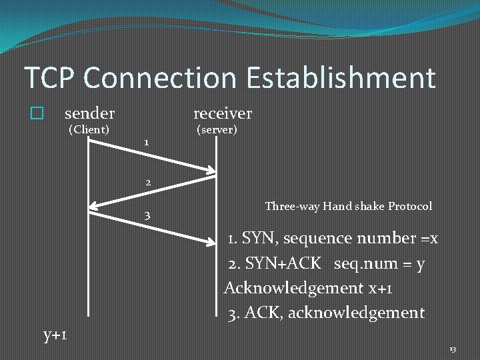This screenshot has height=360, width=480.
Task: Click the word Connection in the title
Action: pyautogui.click(x=161, y=78)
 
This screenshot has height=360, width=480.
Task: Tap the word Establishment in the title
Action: pyautogui.click(x=341, y=78)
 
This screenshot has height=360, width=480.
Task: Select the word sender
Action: pyautogui.click(x=89, y=113)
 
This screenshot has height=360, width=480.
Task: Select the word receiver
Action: pyautogui.click(x=223, y=113)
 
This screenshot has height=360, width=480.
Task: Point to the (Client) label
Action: pyautogui.click(x=89, y=129)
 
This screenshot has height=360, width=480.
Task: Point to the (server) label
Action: pyautogui.click(x=217, y=129)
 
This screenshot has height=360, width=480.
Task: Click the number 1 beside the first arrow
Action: pyautogui.click(x=147, y=143)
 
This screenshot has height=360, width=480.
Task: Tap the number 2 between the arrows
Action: pyautogui.click(x=148, y=182)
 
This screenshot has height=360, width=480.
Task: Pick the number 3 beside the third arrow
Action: pyautogui.click(x=147, y=215)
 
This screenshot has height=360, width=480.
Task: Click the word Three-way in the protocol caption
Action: pyautogui.click(x=292, y=207)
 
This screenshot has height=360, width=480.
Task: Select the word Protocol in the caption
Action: pyautogui.click(x=407, y=207)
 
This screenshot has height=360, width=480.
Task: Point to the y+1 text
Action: pyautogui.click(x=55, y=334)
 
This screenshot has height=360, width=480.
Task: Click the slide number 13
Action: pyautogui.click(x=453, y=349)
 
